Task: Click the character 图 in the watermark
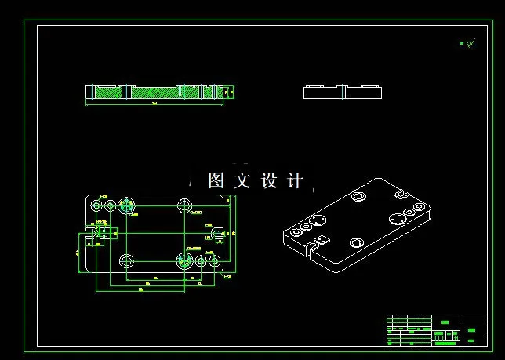tap(216, 181)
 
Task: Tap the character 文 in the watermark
tap(242, 181)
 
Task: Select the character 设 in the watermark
tap(269, 181)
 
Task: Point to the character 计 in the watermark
tap(295, 181)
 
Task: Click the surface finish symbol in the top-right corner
tap(467, 44)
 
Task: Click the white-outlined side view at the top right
tap(342, 92)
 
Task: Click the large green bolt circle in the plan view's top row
tap(126, 206)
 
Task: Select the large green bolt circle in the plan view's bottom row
tap(185, 260)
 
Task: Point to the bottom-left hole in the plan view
tap(125, 260)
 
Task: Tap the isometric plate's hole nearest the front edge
tap(355, 242)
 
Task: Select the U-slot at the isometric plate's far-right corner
tap(401, 193)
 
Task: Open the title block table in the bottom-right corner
tap(436, 329)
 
